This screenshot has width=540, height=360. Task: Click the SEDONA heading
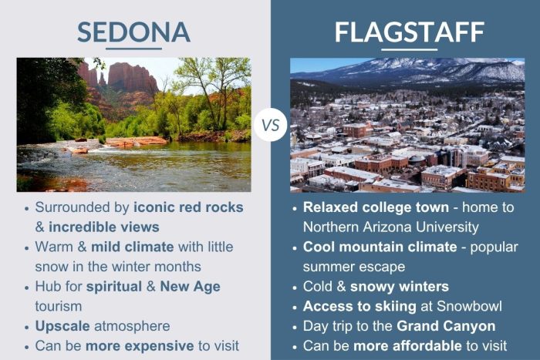tap(133, 31)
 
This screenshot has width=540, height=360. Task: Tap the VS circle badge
tap(270, 124)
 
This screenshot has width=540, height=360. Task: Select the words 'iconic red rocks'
tap(189, 207)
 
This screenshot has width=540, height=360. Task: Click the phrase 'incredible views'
tap(104, 227)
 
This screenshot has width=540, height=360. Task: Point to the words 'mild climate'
tap(133, 247)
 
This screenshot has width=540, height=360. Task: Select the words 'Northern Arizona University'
tap(391, 227)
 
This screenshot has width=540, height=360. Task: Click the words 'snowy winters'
tap(402, 287)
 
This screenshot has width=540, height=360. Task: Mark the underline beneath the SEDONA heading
tap(133, 48)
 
